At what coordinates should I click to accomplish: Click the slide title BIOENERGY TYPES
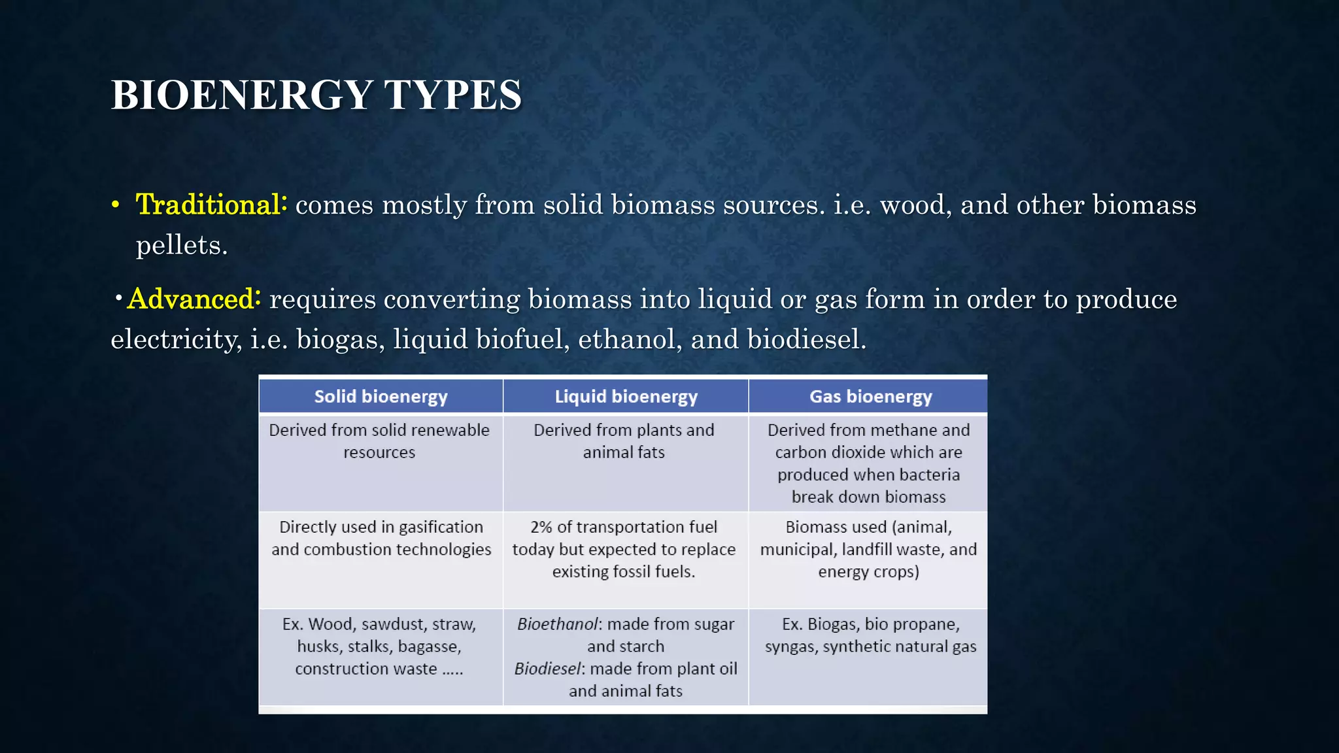(316, 95)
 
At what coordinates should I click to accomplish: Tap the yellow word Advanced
(194, 299)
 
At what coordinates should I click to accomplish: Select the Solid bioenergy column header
(381, 397)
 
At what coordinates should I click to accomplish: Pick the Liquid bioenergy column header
(626, 397)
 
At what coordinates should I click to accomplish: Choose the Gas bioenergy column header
(870, 397)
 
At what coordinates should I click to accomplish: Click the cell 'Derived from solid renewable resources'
(379, 441)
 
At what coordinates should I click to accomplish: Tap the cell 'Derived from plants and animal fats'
(624, 441)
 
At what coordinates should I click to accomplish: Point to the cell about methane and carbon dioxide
(868, 463)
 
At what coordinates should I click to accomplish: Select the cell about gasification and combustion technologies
(381, 538)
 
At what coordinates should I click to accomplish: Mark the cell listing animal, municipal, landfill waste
(868, 549)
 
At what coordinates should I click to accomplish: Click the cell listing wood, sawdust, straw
(379, 646)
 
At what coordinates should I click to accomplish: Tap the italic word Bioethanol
(557, 624)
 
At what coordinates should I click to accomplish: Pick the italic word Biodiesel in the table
(547, 669)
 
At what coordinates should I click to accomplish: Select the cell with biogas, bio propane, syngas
(870, 635)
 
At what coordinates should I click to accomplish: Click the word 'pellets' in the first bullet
(181, 246)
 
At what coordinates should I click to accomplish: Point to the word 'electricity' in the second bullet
(175, 339)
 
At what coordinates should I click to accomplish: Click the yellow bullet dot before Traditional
(115, 205)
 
